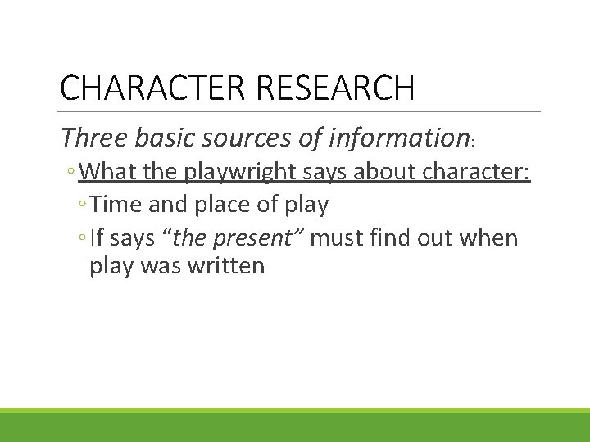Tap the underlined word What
click(107, 173)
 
